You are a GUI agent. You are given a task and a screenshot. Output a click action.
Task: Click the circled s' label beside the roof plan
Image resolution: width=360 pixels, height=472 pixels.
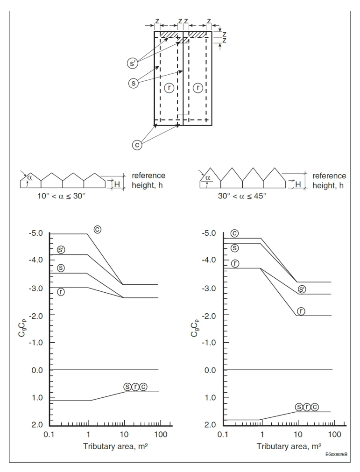click(133, 63)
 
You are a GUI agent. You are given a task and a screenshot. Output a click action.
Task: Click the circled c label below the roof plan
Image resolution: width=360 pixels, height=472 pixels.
click(137, 145)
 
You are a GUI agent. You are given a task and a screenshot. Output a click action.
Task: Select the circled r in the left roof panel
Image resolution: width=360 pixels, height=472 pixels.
click(169, 88)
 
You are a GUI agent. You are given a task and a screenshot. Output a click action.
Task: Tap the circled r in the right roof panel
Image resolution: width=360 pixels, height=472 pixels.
click(198, 88)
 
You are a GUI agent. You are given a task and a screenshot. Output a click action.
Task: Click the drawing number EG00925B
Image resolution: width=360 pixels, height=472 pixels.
click(336, 454)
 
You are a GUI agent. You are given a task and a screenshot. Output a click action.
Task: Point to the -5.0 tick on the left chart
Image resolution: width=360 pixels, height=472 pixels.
click(36, 233)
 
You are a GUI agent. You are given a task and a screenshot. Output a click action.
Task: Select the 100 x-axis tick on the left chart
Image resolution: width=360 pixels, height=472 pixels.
click(161, 434)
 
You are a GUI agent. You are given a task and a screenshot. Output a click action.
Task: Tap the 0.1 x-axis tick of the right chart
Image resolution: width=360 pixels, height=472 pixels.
click(223, 434)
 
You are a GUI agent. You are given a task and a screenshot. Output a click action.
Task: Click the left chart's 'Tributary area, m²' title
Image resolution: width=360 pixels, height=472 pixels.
click(115, 446)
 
